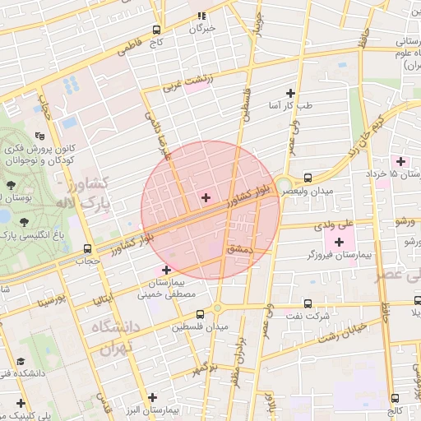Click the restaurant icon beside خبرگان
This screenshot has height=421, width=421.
(201, 16)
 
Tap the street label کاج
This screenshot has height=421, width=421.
(156, 42)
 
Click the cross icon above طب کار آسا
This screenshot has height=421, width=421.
(289, 93)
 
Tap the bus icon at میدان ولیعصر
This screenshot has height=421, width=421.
(308, 178)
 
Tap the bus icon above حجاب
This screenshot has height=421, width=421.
(88, 248)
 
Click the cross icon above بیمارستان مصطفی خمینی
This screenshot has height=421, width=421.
(167, 270)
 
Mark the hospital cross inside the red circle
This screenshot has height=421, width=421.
(206, 197)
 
